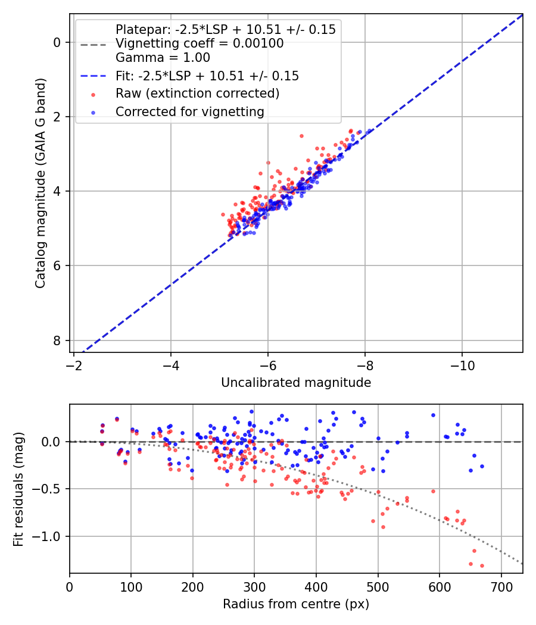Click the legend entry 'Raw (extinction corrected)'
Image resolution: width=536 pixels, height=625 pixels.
click(197, 94)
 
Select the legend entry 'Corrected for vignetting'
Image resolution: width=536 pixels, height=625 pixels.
click(189, 112)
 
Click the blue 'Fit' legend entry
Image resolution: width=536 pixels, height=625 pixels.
click(207, 76)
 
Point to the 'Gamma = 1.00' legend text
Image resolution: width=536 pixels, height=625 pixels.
click(163, 58)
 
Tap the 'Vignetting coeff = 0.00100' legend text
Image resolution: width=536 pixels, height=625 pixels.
click(200, 43)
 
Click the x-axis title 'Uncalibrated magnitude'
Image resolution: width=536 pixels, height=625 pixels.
click(296, 383)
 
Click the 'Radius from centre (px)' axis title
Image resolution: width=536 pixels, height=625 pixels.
click(296, 604)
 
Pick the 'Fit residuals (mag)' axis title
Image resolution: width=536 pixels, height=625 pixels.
click(19, 489)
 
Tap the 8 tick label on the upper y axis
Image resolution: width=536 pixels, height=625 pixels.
click(57, 340)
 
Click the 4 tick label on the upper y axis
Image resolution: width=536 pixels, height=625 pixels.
click(57, 191)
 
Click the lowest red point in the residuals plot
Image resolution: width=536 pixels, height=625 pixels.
click(482, 565)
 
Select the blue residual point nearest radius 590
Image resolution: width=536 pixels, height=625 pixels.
click(433, 415)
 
